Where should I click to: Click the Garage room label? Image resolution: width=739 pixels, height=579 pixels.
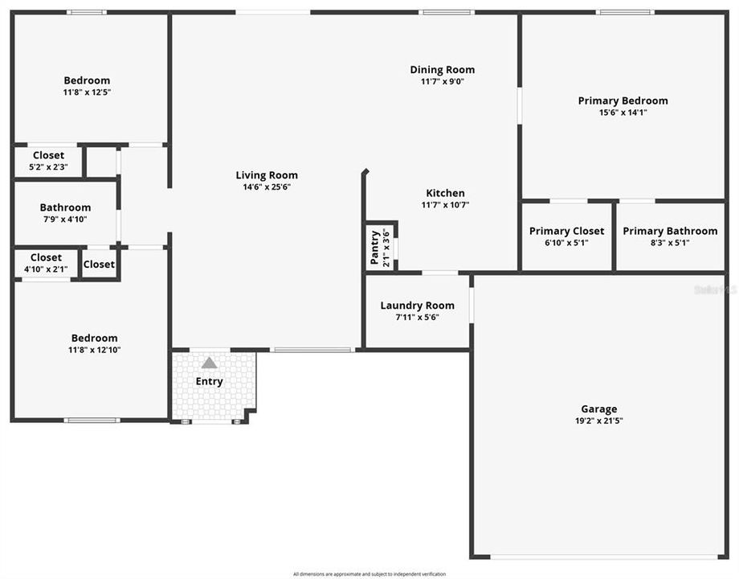pyautogui.click(x=599, y=409)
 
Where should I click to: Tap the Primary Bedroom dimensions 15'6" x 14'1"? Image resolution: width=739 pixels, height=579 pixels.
pyautogui.click(x=623, y=113)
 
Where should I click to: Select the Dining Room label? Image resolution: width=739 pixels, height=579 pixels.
pyautogui.click(x=442, y=70)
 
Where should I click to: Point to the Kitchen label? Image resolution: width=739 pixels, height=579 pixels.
pyautogui.click(x=445, y=193)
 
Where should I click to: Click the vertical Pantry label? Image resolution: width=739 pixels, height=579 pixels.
pyautogui.click(x=374, y=247)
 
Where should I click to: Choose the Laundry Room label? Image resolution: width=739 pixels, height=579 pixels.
pyautogui.click(x=417, y=306)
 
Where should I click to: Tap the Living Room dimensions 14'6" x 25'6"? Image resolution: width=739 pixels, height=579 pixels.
pyautogui.click(x=267, y=187)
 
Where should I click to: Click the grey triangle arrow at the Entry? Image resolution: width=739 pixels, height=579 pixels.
pyautogui.click(x=210, y=363)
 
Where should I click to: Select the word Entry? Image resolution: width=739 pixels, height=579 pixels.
pyautogui.click(x=210, y=381)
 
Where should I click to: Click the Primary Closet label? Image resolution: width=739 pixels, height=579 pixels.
pyautogui.click(x=566, y=232)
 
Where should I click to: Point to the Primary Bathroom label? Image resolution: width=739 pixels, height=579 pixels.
pyautogui.click(x=670, y=232)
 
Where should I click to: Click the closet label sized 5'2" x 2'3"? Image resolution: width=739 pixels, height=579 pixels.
pyautogui.click(x=48, y=155)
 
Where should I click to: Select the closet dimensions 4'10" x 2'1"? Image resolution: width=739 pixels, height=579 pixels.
pyautogui.click(x=46, y=269)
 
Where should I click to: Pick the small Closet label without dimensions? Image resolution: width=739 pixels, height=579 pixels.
pyautogui.click(x=99, y=264)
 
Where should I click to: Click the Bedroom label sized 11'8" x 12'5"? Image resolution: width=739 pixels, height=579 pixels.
pyautogui.click(x=87, y=80)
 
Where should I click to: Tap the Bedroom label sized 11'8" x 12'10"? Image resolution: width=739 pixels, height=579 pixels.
pyautogui.click(x=94, y=339)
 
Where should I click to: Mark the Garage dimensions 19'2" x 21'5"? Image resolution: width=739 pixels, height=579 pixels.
pyautogui.click(x=599, y=420)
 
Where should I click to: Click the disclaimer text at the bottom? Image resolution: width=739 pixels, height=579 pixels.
pyautogui.click(x=369, y=573)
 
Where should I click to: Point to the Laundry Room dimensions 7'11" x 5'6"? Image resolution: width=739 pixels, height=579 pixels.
pyautogui.click(x=417, y=317)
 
